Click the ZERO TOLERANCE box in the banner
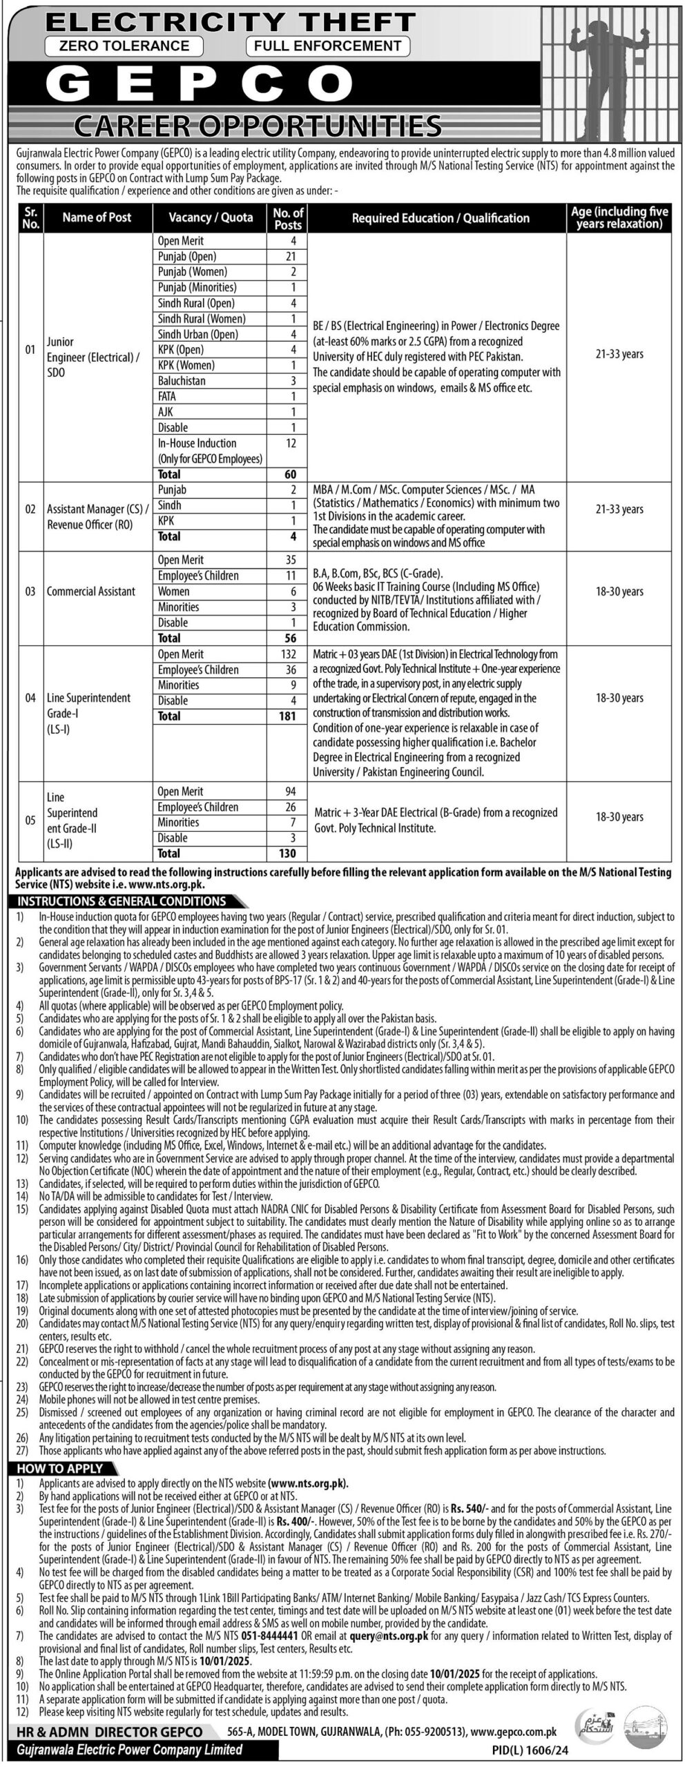point(123,46)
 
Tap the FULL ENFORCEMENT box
point(327,46)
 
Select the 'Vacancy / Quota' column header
point(211,217)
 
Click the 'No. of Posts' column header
point(288,218)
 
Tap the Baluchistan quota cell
point(181,381)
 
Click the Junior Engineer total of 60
point(290,474)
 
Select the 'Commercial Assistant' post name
point(90,592)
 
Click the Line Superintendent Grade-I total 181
point(285,716)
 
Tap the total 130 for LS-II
point(286,853)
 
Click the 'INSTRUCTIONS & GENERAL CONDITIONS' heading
point(122,901)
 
